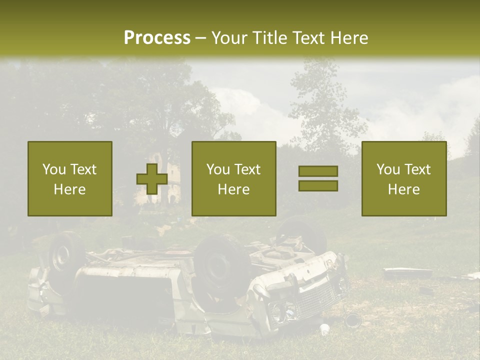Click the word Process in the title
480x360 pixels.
click(x=157, y=37)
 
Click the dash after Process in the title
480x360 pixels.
click(x=200, y=38)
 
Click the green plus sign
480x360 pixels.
click(x=152, y=179)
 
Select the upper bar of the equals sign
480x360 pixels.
click(x=318, y=171)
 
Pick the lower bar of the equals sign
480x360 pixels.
click(x=318, y=186)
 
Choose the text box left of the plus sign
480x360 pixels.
click(x=70, y=179)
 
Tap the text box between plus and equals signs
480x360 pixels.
click(x=234, y=179)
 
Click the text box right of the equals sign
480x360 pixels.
click(x=404, y=179)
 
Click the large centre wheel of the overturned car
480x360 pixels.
click(x=220, y=267)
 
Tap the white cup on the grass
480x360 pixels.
click(x=325, y=329)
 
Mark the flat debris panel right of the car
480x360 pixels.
click(x=407, y=272)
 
